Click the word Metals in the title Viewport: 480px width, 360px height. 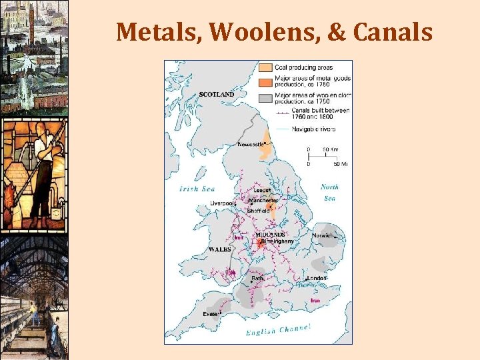point(155,31)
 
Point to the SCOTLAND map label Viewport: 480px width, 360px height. point(217,95)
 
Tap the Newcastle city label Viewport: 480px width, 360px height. point(253,144)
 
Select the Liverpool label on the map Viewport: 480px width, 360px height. point(223,203)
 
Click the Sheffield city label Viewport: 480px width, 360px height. point(258,211)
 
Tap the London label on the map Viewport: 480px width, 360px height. point(316,278)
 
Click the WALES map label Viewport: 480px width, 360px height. point(220,249)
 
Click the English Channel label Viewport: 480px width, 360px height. point(278,329)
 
